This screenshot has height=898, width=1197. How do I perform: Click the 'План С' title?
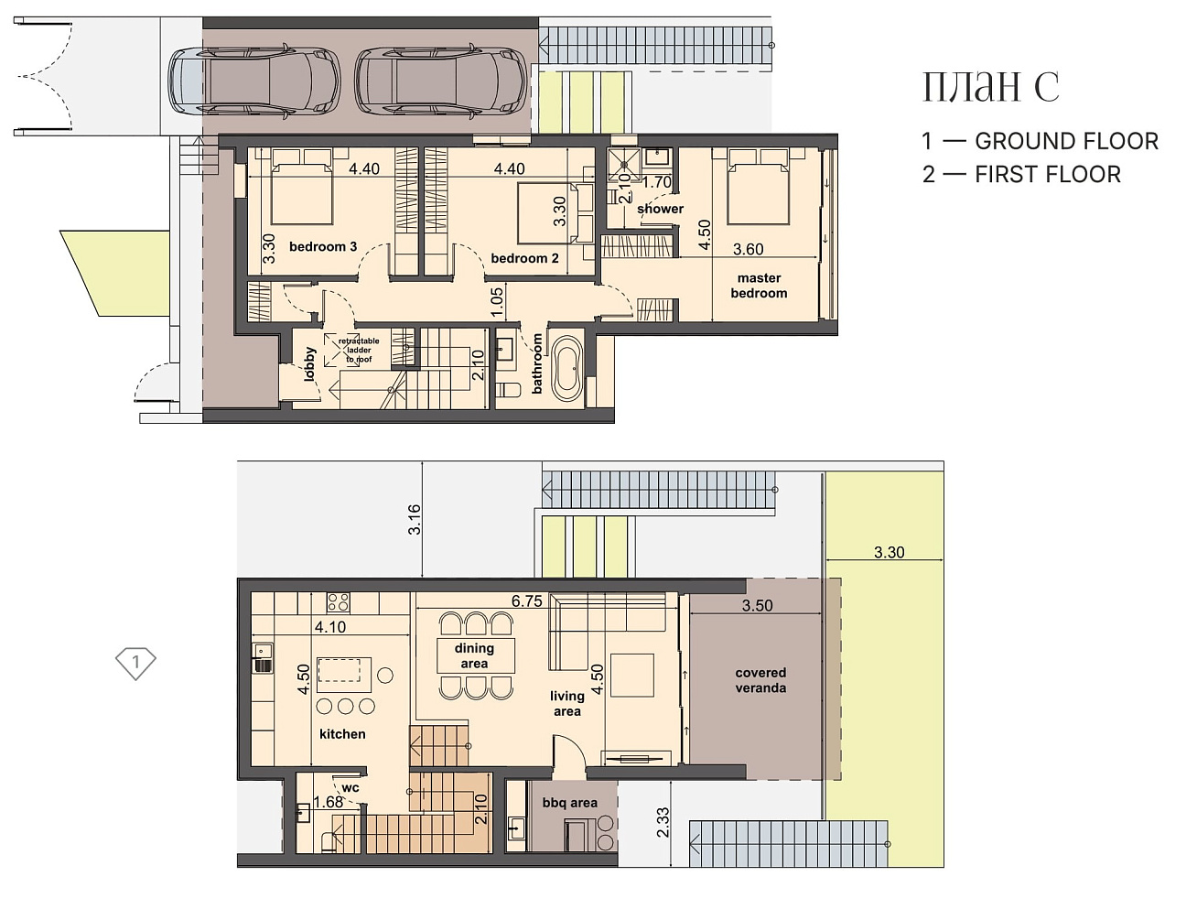990,87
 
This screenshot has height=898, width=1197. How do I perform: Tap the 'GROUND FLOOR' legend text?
1066,141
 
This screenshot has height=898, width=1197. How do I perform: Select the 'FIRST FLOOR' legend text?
1048,175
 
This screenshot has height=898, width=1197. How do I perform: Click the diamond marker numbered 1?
135,663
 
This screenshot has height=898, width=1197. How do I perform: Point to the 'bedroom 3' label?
323,246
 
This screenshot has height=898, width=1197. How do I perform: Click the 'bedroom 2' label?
524,258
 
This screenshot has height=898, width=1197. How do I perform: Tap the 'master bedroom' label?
759,286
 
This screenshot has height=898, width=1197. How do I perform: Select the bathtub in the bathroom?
567,369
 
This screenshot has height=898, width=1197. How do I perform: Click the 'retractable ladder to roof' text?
359,350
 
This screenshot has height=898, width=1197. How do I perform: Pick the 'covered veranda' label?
760,680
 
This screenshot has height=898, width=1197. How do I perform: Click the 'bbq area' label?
569,803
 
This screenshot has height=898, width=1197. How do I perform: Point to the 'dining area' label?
474,655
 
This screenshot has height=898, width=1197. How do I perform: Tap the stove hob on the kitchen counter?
338,603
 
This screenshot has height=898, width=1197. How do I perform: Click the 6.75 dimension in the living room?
527,600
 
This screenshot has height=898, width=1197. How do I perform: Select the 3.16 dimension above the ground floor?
415,519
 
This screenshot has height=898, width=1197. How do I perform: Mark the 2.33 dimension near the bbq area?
663,822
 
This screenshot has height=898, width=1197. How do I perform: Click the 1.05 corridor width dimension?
497,302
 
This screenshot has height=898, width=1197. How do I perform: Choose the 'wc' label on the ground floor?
350,788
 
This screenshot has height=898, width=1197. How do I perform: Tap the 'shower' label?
660,209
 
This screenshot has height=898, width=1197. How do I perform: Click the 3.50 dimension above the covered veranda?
757,605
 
